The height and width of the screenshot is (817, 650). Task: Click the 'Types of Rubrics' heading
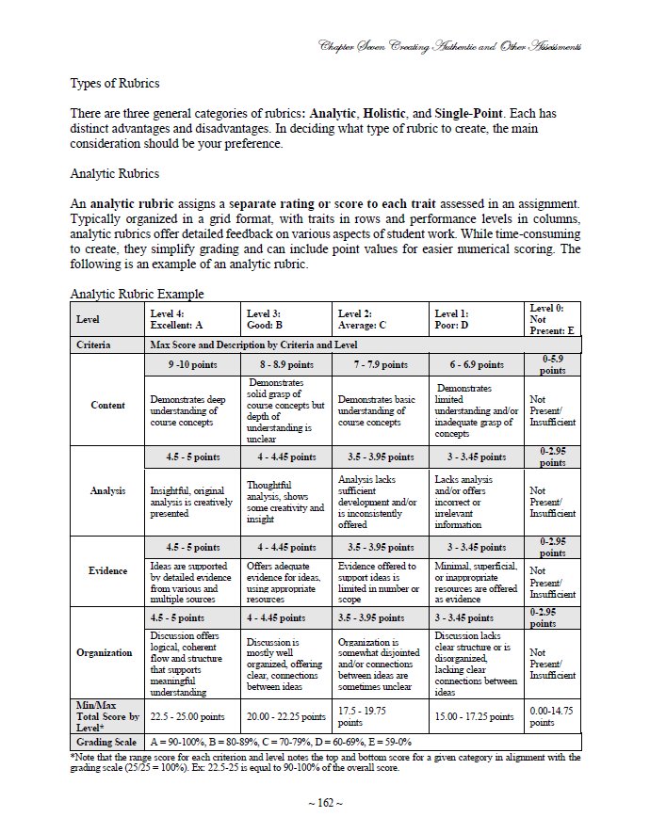click(115, 83)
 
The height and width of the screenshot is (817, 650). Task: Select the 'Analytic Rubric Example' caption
click(137, 294)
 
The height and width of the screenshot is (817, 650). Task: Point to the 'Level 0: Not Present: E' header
click(552, 319)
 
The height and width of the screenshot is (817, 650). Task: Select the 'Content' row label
click(107, 405)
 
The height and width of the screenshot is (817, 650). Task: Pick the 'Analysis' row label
click(107, 490)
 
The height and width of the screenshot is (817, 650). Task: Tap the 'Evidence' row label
click(107, 570)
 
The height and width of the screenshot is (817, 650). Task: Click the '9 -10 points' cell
click(190, 364)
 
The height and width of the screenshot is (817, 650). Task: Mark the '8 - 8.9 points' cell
click(286, 364)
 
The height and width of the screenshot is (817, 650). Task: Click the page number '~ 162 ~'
click(324, 801)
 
